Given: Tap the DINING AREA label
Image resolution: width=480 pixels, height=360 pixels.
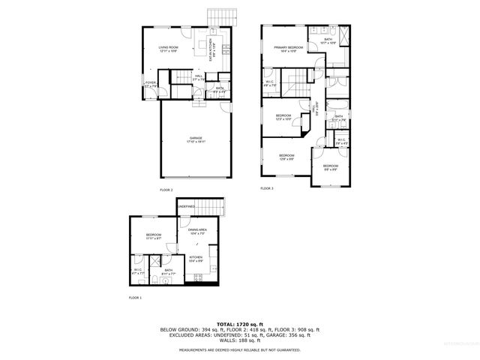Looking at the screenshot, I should click(x=197, y=231).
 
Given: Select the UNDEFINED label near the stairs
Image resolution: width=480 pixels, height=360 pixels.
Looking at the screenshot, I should click(x=186, y=206).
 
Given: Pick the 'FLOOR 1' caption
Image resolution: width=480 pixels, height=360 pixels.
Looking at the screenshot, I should click(x=135, y=298).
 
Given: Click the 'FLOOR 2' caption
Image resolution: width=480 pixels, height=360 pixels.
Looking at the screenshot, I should click(x=166, y=190).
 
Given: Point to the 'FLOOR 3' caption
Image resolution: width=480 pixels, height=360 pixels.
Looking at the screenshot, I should click(x=266, y=188).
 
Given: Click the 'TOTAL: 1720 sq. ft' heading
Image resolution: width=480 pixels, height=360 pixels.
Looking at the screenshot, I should click(x=239, y=322).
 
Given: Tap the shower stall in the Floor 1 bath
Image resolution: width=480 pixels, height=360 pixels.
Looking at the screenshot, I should click(x=154, y=261).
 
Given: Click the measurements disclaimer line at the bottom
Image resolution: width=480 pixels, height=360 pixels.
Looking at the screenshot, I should click(x=239, y=349).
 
